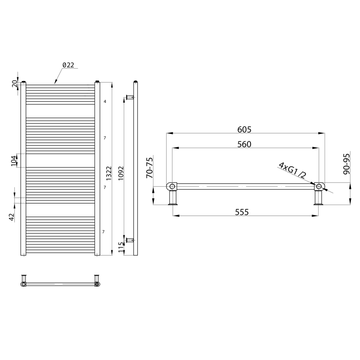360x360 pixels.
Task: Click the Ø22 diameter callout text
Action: tap(69, 65)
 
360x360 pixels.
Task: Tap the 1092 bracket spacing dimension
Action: tap(121, 173)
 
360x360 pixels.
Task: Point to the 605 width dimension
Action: tap(244, 129)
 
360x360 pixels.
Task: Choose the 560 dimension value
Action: tap(244, 144)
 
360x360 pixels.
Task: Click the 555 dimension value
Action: tap(242, 212)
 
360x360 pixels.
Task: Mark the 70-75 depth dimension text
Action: tap(149, 168)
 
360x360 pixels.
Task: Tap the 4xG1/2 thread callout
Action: tap(292, 171)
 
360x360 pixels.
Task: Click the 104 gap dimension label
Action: tap(14, 160)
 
